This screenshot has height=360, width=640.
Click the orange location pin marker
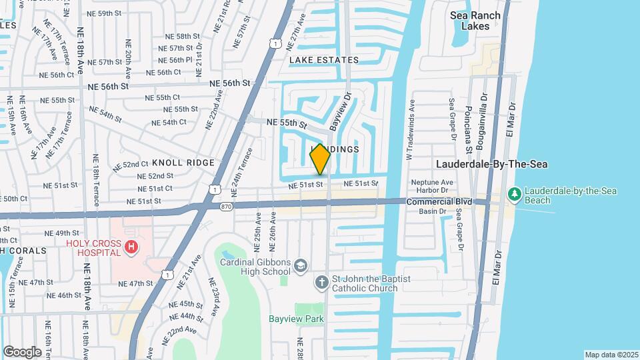point(320,159)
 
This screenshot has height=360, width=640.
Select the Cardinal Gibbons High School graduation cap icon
point(301,266)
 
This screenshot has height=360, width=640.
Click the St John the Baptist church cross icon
point(321,283)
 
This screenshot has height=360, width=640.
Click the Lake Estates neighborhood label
point(324,60)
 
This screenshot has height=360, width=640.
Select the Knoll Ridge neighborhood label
point(183,163)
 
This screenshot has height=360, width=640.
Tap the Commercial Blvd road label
point(439,201)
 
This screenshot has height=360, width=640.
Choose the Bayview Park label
point(296,319)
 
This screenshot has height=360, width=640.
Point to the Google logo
point(22,351)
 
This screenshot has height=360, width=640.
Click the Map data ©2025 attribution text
point(611,355)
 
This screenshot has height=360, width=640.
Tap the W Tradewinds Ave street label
point(411,129)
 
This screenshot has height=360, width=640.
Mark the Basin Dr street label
point(433,211)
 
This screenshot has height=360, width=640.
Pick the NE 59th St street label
point(107,13)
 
